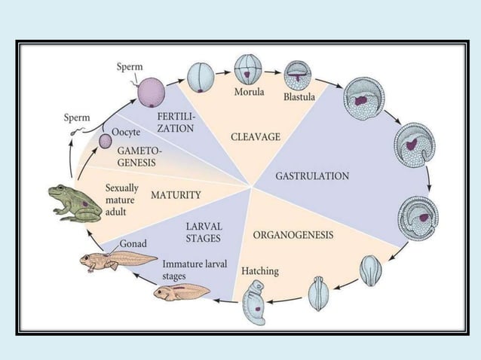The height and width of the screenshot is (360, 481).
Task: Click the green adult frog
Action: tap(75, 201)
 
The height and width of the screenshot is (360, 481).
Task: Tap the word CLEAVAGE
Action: tap(255, 136)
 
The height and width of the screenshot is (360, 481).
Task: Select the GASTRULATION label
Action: tap(312, 175)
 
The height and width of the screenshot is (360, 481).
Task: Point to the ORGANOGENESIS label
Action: tap(293, 234)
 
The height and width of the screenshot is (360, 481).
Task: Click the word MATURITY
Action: tap(176, 195)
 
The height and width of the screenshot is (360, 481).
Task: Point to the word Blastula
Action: tap(299, 98)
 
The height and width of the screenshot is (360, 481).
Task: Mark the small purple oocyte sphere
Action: tap(106, 141)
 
